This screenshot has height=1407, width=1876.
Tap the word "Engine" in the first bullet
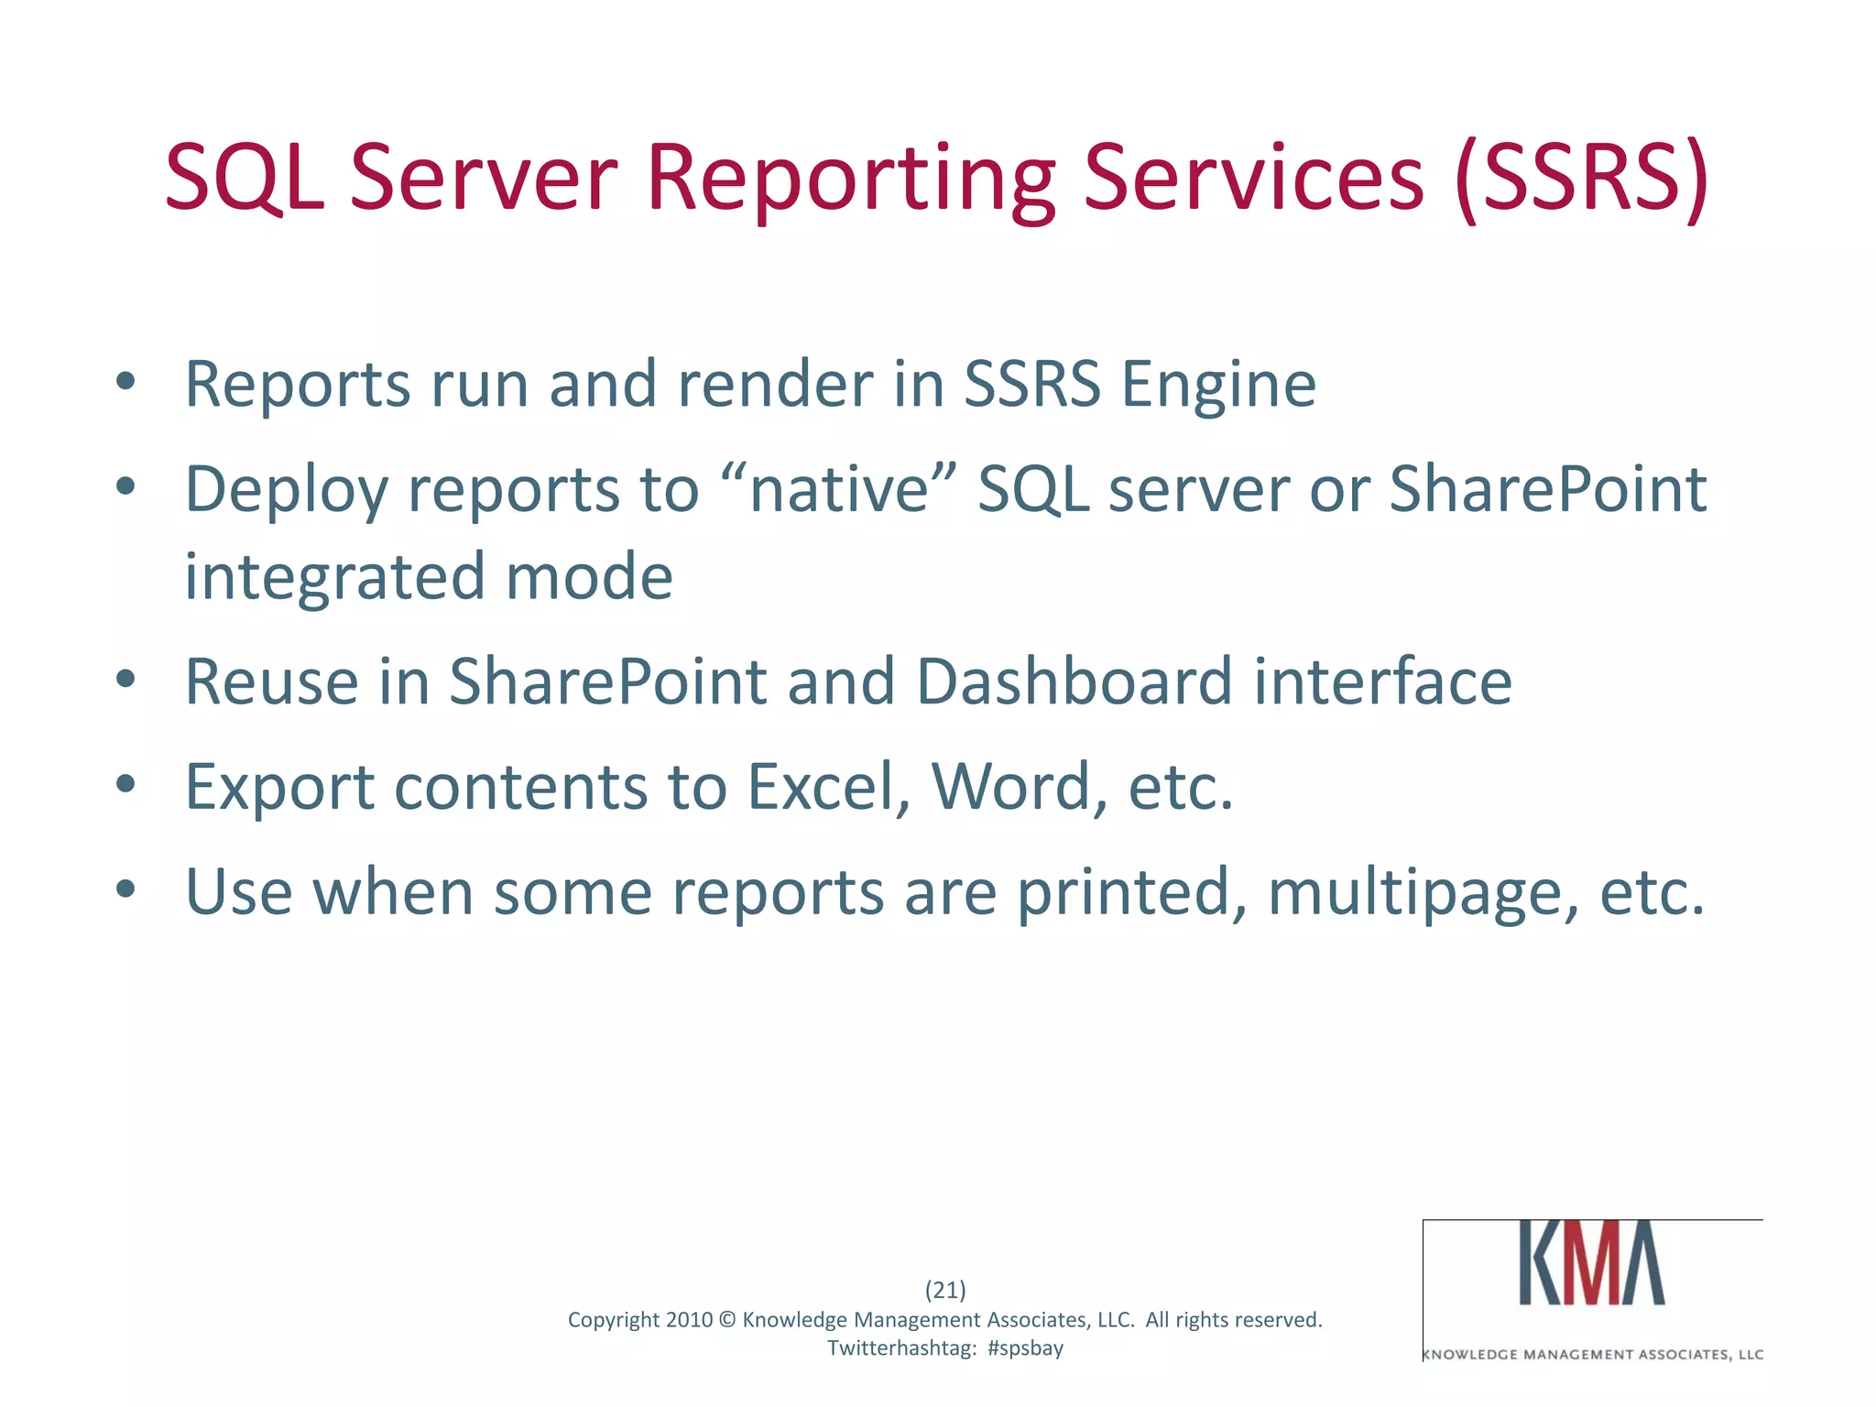(x=1218, y=385)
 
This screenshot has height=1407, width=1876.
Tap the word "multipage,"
(x=1423, y=892)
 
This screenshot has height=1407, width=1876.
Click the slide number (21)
(x=945, y=1290)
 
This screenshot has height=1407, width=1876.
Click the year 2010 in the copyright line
(x=689, y=1320)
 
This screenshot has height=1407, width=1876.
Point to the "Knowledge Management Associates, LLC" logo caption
(x=1593, y=1355)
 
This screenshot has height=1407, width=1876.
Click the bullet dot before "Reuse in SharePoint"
(x=126, y=680)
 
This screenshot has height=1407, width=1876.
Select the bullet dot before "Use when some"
(x=126, y=889)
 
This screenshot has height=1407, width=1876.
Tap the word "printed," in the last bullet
(x=1131, y=892)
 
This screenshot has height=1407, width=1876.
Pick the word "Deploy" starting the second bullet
(x=286, y=489)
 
